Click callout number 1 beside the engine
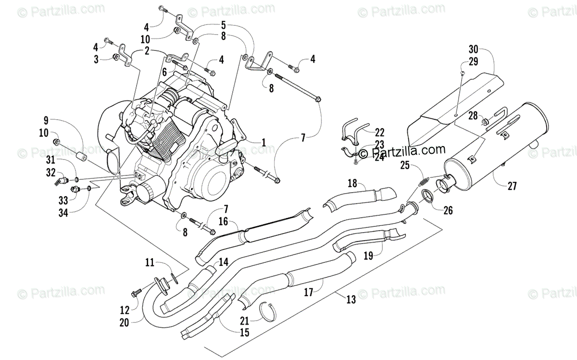[263, 142]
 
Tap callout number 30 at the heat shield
[474, 49]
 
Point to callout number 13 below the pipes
[351, 299]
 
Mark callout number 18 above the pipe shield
[352, 183]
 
